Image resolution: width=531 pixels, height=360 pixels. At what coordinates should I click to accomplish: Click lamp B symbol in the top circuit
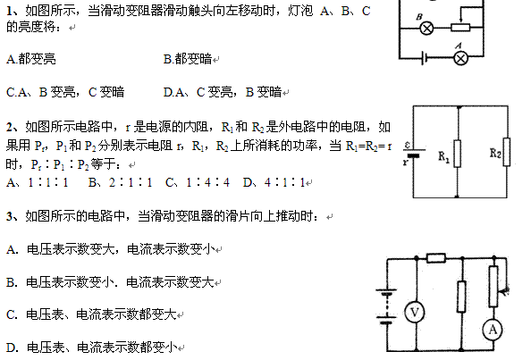tap(426, 28)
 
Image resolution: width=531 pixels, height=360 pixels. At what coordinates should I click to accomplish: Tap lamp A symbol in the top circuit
tap(460, 58)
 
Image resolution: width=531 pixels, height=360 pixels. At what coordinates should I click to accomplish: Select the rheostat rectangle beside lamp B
tap(460, 28)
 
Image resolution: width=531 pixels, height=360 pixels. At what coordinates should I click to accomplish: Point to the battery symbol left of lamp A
tap(424, 58)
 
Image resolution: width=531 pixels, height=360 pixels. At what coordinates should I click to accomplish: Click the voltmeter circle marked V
tap(415, 312)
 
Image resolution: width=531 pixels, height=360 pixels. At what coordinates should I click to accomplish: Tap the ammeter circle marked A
tap(493, 330)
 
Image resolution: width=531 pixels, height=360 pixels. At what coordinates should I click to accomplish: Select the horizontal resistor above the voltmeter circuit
tap(436, 258)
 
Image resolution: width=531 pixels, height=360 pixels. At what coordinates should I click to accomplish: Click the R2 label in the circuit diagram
tap(495, 154)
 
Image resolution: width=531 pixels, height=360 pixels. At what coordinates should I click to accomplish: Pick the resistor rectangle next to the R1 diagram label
tap(457, 154)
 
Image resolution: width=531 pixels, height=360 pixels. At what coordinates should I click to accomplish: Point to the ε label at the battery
tap(408, 145)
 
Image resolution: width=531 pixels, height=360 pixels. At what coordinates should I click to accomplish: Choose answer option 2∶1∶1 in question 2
tap(131, 183)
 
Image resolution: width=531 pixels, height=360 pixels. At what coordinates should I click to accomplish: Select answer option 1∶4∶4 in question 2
tap(207, 183)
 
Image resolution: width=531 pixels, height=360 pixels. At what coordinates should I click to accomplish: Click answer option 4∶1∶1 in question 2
tap(285, 183)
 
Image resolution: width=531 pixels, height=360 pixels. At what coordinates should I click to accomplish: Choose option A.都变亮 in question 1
tap(30, 59)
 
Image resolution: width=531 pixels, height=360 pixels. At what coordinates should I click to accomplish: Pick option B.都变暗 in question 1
tap(188, 59)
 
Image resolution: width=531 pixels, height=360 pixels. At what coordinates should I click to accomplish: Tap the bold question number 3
tap(10, 216)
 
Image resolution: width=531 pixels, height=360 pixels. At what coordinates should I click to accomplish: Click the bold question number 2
tap(10, 127)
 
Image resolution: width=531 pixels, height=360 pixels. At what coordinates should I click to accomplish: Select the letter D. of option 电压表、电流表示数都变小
tap(12, 347)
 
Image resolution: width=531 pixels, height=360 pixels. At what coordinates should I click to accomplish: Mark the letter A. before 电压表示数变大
tap(12, 250)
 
